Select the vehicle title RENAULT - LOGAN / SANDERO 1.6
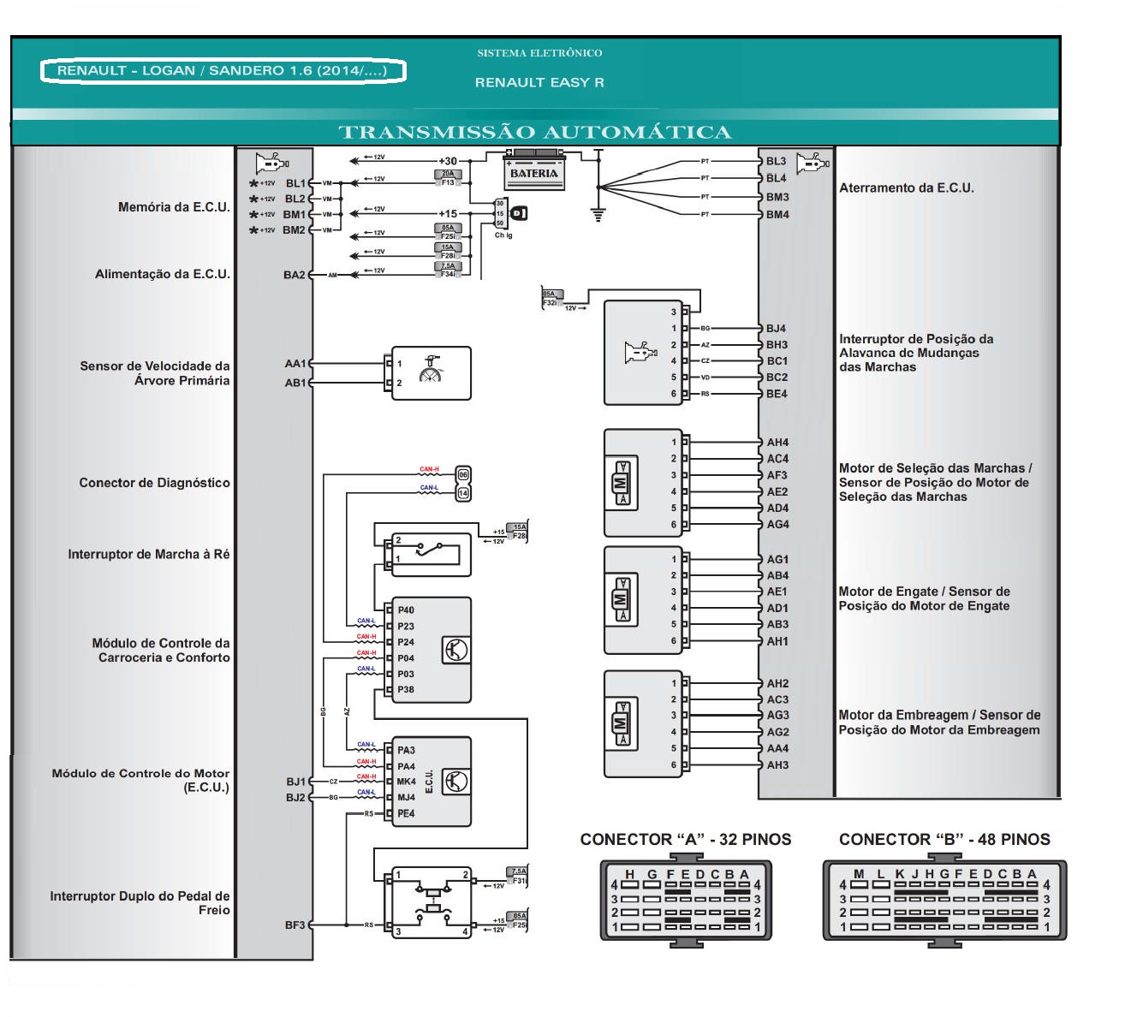[223, 71]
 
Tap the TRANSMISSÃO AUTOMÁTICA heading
[535, 132]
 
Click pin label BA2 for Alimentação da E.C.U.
[294, 275]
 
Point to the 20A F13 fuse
[448, 178]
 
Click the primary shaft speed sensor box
[431, 373]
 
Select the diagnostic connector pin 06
[463, 474]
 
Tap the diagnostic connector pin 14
[463, 493]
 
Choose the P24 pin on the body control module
[406, 642]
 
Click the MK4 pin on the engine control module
[406, 782]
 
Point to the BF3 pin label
[295, 925]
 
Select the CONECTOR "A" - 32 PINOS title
[685, 840]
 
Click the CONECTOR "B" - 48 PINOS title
[944, 840]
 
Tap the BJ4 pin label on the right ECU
[776, 329]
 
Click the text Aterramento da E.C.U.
[906, 188]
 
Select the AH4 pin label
[777, 443]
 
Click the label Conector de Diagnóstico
[154, 483]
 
